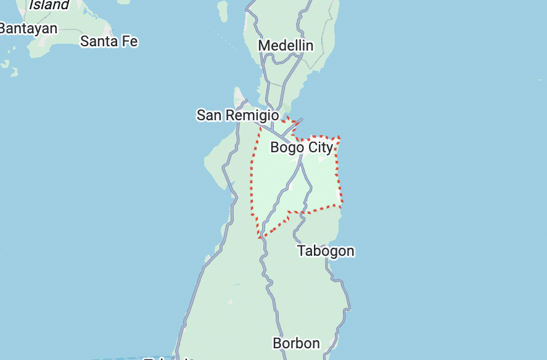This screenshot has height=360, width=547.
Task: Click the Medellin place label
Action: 286,46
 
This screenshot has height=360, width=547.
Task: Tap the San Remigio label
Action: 237,115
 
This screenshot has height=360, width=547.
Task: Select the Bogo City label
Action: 302,147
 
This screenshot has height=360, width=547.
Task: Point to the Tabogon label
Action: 326,251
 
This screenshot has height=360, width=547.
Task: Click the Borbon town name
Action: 296,343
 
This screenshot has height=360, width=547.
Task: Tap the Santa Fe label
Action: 109,41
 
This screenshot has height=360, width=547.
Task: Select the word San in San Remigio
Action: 209,115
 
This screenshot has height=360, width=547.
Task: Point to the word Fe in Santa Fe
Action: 130,41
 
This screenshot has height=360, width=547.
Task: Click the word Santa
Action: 99,41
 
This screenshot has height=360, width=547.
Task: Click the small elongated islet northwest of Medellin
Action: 222,10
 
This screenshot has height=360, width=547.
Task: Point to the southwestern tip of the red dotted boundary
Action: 260,237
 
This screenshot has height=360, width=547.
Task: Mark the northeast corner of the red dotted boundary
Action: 339,137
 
